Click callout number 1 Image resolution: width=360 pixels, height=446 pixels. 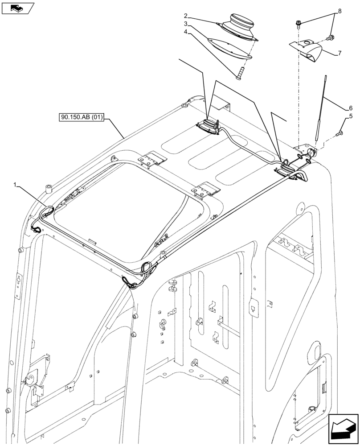click(16, 184)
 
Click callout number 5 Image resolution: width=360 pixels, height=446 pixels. click(351, 117)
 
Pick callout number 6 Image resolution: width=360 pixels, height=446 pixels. click(351, 108)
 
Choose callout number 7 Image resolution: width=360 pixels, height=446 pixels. click(340, 53)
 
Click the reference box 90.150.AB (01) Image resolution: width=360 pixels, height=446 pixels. click(81, 118)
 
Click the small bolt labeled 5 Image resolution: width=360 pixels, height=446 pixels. click(340, 132)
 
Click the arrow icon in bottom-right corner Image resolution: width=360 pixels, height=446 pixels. click(343, 429)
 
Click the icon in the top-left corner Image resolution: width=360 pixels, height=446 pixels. click(18, 8)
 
